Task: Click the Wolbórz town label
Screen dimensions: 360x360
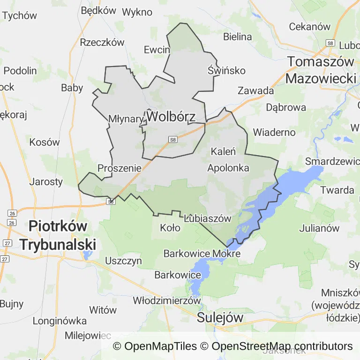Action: (170, 116)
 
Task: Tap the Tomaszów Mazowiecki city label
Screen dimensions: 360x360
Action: (321, 70)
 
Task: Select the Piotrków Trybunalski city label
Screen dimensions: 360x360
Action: (58, 234)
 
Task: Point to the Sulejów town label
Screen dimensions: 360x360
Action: (220, 317)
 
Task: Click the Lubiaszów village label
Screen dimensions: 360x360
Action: (208, 218)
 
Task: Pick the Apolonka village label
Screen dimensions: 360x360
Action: (228, 167)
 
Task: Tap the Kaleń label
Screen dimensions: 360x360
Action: (223, 151)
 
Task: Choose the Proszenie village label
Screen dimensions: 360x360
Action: (120, 167)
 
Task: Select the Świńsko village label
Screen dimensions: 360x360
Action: (226, 70)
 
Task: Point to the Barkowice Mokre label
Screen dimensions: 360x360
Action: (202, 254)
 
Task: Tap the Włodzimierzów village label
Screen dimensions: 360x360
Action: (167, 300)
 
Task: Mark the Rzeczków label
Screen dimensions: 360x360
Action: (102, 42)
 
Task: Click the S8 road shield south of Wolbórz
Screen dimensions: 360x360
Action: (173, 139)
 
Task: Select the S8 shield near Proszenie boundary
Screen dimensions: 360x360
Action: (111, 201)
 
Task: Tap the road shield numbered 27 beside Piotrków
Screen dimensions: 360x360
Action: (7, 243)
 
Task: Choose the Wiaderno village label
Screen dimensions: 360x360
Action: (274, 132)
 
